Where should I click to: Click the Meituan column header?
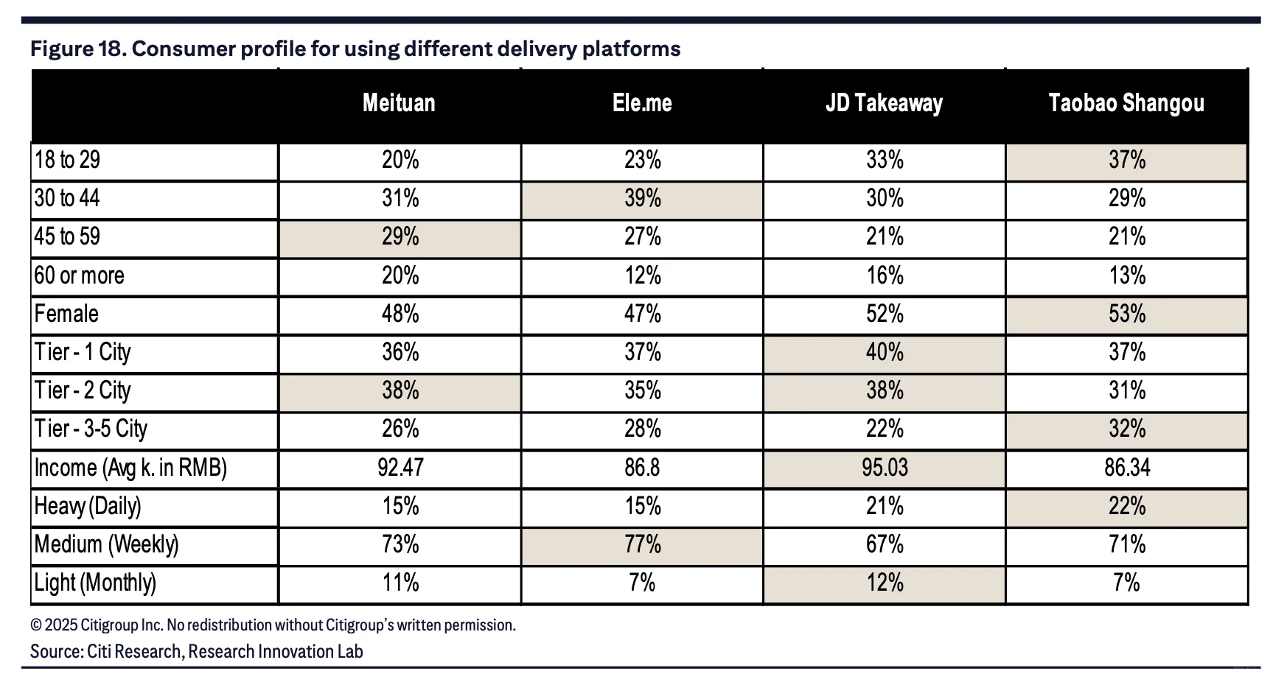[399, 103]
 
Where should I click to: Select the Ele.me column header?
[642, 103]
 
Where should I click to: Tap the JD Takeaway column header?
[884, 103]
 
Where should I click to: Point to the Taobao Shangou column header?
[1126, 103]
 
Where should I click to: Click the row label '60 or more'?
[79, 276]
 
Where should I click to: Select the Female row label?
[66, 315]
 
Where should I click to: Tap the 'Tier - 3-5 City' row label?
[91, 429]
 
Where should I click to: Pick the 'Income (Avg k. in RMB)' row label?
[130, 468]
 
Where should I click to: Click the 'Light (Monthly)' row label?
[95, 583]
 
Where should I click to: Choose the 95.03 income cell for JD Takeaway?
[885, 468]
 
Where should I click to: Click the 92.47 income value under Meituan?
[400, 468]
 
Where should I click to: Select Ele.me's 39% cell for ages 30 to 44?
[642, 199]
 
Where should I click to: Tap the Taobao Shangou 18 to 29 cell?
[1127, 161]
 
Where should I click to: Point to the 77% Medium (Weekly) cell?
[642, 545]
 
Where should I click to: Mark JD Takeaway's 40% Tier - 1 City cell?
[885, 353]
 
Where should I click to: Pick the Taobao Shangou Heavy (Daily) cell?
[1127, 507]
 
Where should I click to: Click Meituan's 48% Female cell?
[400, 315]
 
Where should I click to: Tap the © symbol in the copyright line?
[35, 626]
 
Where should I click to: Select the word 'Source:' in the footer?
[56, 652]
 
